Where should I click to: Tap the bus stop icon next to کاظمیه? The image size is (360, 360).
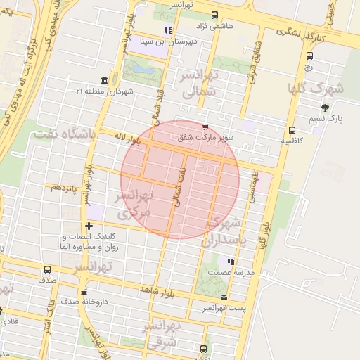click(x=292, y=130)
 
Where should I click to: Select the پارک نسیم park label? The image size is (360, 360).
click(x=330, y=119)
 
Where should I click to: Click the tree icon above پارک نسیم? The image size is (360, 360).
click(x=324, y=108)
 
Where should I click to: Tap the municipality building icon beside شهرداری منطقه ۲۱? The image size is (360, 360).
click(x=105, y=79)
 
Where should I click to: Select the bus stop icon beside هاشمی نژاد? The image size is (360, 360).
click(x=215, y=14)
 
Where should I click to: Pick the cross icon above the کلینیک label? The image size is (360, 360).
click(x=89, y=226)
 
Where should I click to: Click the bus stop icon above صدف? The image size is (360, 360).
click(x=47, y=269)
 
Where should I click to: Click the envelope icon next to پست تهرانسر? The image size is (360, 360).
click(x=224, y=297)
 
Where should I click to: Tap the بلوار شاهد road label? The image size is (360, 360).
click(x=155, y=290)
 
